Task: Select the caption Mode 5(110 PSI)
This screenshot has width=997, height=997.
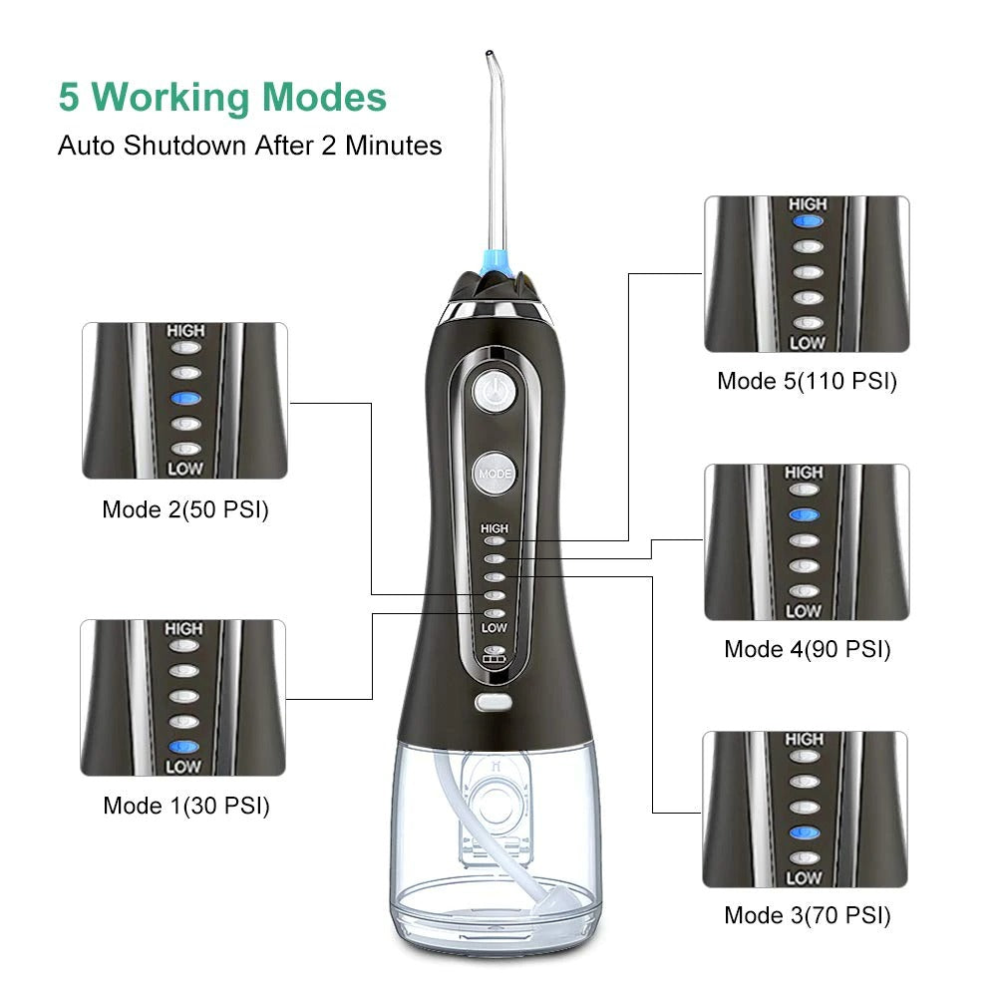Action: point(807,381)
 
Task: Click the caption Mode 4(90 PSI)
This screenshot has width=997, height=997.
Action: point(807,649)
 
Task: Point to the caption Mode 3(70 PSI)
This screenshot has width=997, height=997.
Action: point(807,915)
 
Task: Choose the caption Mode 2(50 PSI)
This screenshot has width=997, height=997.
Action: point(185,509)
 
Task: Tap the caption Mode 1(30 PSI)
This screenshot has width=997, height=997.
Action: point(186,806)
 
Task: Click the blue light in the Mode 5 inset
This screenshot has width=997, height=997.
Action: point(808,221)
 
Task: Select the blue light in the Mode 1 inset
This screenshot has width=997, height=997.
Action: point(183,747)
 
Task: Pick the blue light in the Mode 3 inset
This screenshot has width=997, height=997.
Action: point(805,832)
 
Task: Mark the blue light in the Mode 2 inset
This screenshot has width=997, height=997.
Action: point(185,398)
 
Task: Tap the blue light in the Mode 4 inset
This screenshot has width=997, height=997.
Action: point(805,515)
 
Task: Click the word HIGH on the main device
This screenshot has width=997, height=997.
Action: point(495,528)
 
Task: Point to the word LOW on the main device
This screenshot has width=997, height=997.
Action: point(495,628)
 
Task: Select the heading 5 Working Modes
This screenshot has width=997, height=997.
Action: point(222,97)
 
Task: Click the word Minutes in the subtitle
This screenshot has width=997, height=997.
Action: point(394,146)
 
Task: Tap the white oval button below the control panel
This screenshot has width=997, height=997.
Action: point(494,702)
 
